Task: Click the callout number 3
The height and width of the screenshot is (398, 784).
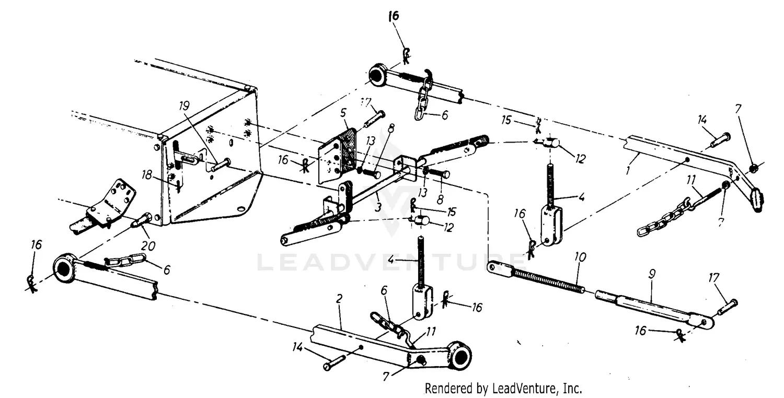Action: click(x=378, y=207)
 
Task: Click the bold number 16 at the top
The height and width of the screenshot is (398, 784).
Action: click(x=393, y=16)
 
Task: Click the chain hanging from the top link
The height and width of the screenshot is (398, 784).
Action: click(x=422, y=99)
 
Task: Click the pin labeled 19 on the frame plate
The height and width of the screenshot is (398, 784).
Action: click(x=220, y=165)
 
